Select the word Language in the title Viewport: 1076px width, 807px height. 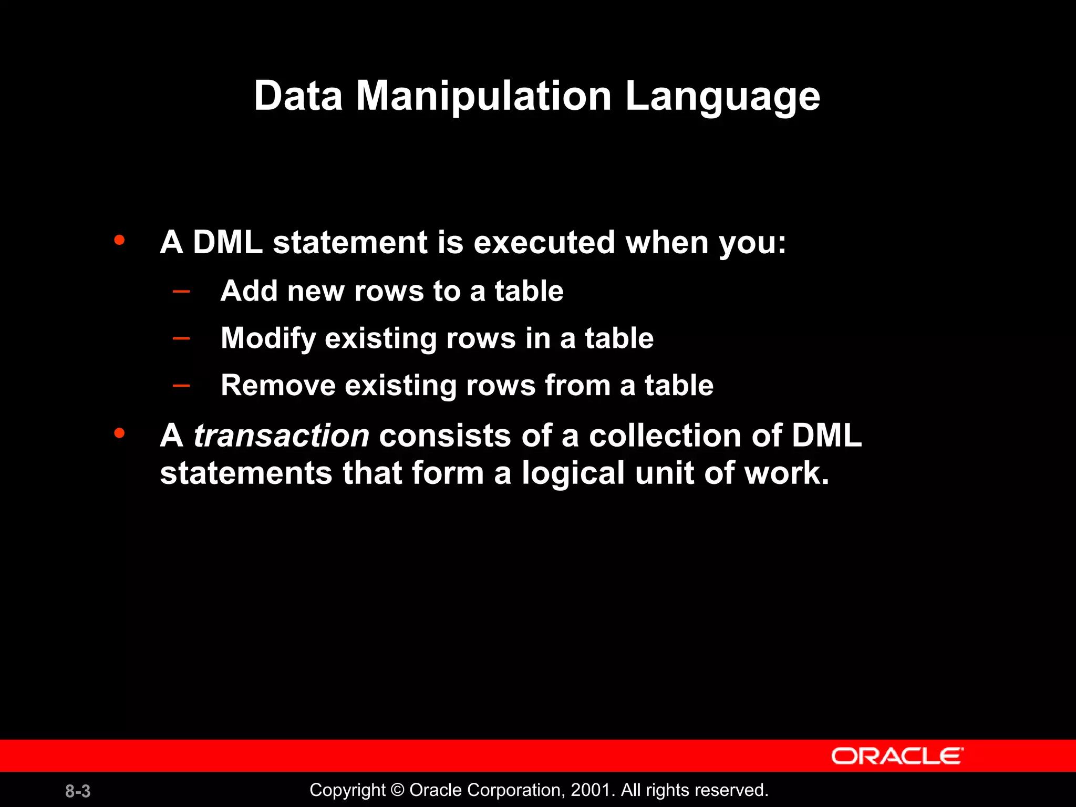coord(722,98)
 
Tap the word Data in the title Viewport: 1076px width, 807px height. coord(298,96)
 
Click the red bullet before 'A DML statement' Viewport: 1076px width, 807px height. coord(120,241)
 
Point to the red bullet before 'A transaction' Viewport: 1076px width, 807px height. coord(120,433)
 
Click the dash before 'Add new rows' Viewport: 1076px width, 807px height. coord(181,291)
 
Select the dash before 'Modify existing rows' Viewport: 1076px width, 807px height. coord(181,338)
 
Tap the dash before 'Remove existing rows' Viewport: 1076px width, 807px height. coord(181,386)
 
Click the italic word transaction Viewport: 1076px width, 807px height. coord(282,436)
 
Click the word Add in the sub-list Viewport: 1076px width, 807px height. coord(249,291)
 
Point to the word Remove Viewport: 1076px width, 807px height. coord(278,386)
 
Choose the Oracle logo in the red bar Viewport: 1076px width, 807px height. coord(897,756)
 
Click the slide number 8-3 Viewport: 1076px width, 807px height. coord(78,791)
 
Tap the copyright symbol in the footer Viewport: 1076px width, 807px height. coord(398,790)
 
